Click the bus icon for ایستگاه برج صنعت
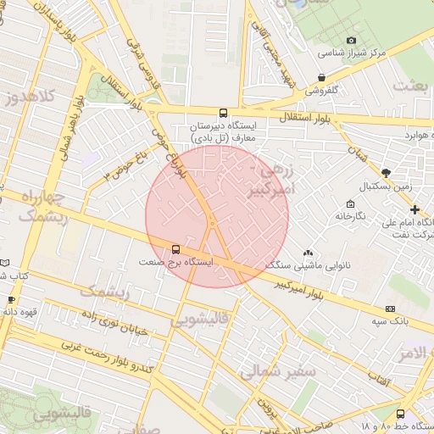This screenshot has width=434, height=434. click(x=175, y=249)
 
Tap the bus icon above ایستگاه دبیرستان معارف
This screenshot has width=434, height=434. click(x=223, y=112)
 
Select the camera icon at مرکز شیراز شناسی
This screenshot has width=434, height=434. click(x=352, y=40)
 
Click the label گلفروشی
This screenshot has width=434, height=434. click(x=322, y=89)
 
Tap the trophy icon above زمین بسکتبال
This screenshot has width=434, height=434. click(x=386, y=172)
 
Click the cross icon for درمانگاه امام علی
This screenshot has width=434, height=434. click(x=415, y=209)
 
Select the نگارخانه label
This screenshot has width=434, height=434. click(x=349, y=216)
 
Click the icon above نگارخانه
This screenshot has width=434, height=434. click(x=350, y=203)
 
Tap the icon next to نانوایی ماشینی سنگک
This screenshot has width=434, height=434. click(x=307, y=253)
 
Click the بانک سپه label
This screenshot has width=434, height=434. click(x=390, y=322)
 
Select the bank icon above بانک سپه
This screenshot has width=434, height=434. click(x=390, y=309)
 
